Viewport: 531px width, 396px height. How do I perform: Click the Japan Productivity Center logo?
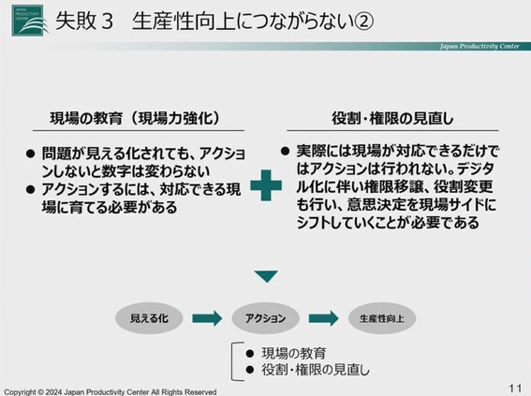(28, 21)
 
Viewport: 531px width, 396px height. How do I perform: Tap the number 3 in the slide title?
(107, 21)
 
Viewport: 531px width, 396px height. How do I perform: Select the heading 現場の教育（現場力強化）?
(135, 118)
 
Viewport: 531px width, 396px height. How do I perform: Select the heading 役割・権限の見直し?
(392, 118)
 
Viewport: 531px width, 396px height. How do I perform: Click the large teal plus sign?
(266, 185)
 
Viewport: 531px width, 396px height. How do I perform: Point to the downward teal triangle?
(266, 276)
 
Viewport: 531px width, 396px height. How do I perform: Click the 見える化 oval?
(149, 318)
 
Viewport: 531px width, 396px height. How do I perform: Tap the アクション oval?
(266, 318)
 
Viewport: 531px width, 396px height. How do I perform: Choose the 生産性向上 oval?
(382, 318)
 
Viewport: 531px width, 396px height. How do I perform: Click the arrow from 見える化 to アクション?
(207, 318)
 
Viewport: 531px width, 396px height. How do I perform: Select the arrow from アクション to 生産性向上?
(324, 318)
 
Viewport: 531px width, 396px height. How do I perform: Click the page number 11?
(515, 388)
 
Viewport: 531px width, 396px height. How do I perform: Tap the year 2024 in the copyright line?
(53, 392)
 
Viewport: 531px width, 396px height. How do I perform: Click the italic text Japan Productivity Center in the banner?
(479, 47)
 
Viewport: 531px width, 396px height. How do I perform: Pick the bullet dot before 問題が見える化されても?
(31, 154)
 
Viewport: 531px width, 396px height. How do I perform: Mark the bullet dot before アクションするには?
(31, 189)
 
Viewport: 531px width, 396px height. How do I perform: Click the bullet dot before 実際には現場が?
(285, 151)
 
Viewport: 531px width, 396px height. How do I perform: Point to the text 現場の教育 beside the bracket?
(294, 353)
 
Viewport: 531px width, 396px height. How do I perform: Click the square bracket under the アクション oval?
(232, 361)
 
